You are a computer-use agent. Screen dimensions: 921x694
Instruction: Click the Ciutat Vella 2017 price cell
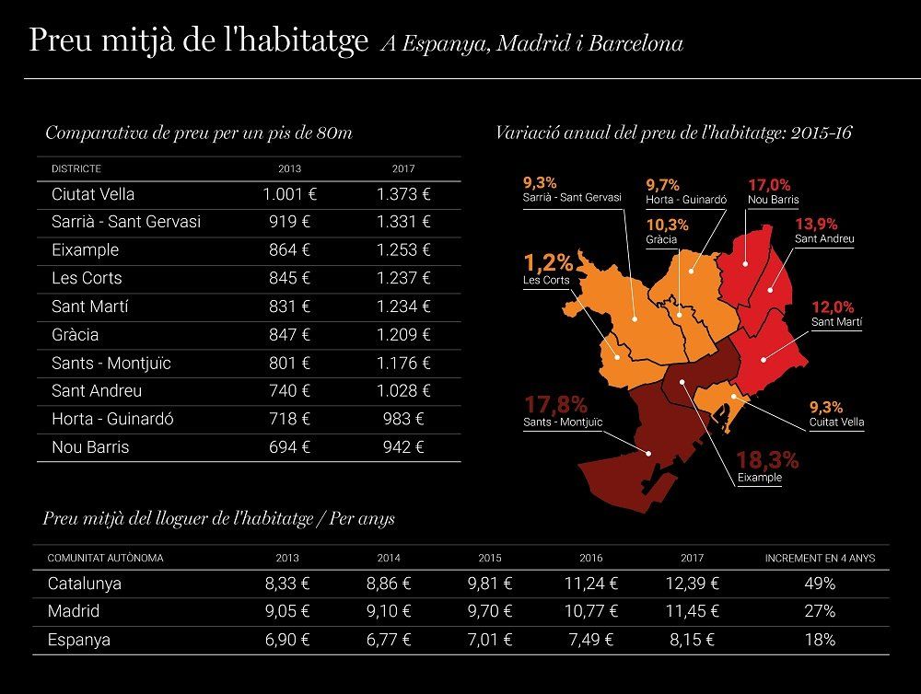[x=403, y=194]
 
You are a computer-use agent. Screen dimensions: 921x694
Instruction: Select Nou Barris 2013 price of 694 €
[x=289, y=447]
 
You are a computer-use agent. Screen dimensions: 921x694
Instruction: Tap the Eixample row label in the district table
[x=85, y=250]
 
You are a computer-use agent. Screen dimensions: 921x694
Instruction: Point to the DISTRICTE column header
[x=76, y=169]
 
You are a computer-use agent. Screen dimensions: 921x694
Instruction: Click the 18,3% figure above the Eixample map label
[x=767, y=459]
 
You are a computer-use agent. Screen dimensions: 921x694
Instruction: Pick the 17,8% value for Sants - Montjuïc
[x=555, y=405]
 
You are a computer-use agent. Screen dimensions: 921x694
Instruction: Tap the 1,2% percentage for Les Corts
[x=548, y=262]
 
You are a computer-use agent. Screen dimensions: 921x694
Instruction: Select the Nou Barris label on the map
[x=773, y=200]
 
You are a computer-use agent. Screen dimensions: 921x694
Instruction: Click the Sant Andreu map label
[x=824, y=239]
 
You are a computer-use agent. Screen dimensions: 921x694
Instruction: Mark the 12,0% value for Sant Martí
[x=833, y=307]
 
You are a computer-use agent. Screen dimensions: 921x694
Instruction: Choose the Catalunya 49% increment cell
[x=820, y=584]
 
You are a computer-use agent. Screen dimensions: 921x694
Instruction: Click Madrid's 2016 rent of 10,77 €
[x=591, y=612]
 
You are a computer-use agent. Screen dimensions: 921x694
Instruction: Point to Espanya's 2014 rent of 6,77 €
[x=389, y=640]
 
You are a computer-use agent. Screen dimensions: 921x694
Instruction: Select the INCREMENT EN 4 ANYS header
[x=820, y=559]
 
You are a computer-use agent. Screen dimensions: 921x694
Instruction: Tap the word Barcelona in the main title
[x=635, y=43]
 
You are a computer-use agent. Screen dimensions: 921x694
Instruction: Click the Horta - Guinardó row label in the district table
[x=112, y=419]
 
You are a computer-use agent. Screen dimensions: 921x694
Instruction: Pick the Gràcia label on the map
[x=661, y=239]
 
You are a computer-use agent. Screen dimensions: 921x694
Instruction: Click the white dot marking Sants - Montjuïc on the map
[x=648, y=453]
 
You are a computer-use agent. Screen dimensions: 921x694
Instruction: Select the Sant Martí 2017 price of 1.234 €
[x=403, y=307]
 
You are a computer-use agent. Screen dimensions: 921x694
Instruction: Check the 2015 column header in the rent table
[x=490, y=559]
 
